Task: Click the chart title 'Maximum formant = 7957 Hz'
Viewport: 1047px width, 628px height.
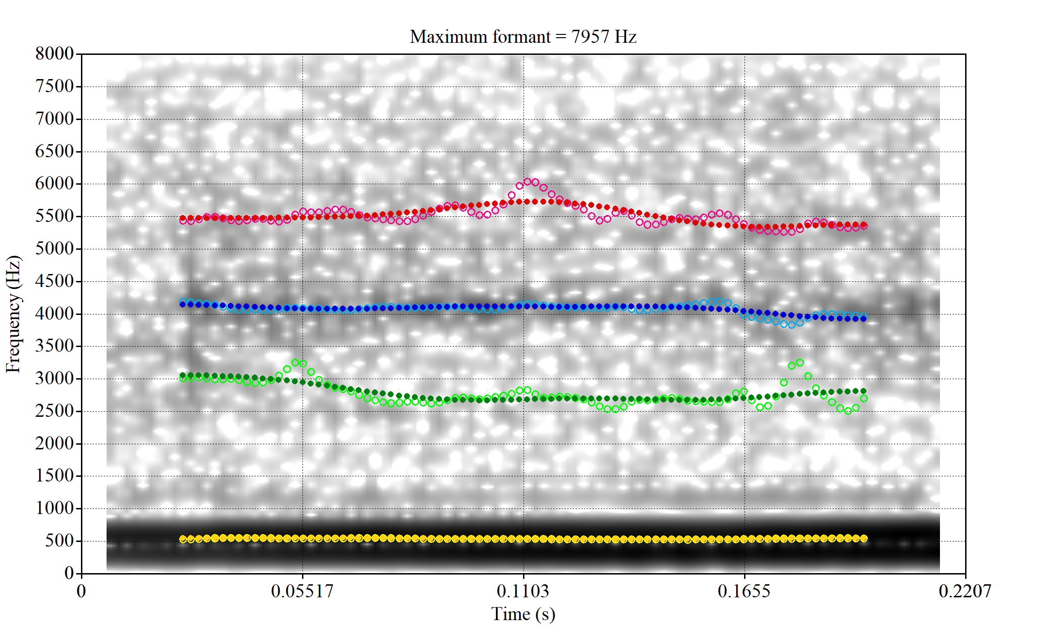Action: coord(523,37)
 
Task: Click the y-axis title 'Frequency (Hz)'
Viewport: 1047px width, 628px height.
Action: coord(13,314)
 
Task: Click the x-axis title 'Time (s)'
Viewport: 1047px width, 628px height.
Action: coord(523,614)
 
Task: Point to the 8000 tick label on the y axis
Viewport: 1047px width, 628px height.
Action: coord(54,53)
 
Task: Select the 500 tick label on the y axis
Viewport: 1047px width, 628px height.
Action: coord(60,541)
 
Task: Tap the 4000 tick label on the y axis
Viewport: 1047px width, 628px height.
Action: coord(54,314)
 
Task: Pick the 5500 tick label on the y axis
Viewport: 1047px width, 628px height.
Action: coord(54,216)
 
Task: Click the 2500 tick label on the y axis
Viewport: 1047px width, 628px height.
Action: coord(54,411)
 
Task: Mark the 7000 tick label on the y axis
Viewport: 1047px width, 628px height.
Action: coord(54,119)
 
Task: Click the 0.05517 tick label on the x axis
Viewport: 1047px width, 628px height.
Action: coord(302,591)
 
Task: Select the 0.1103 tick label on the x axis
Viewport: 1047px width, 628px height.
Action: coord(523,591)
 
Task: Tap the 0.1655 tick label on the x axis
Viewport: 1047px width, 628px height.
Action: coord(744,591)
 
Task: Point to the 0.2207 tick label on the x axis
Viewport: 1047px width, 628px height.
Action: coord(965,591)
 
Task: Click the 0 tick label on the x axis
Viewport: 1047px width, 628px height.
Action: coord(81,591)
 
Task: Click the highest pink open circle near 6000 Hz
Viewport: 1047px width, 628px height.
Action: coord(528,182)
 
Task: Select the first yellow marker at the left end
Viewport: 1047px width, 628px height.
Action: coord(183,539)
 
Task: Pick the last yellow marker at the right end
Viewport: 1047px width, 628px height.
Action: coord(864,538)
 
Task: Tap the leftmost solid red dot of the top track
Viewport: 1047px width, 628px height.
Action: coord(183,218)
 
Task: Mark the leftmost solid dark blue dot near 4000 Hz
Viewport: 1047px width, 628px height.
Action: coord(183,304)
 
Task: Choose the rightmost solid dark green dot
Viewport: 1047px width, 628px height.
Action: coord(864,391)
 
